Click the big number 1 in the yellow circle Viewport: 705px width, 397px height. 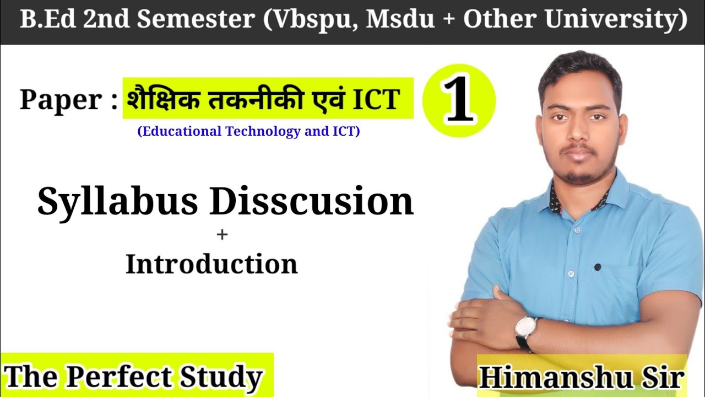click(x=459, y=101)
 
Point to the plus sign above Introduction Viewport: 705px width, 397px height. click(x=222, y=235)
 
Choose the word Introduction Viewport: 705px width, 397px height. click(x=211, y=265)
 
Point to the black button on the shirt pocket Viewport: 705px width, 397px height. click(x=598, y=267)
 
